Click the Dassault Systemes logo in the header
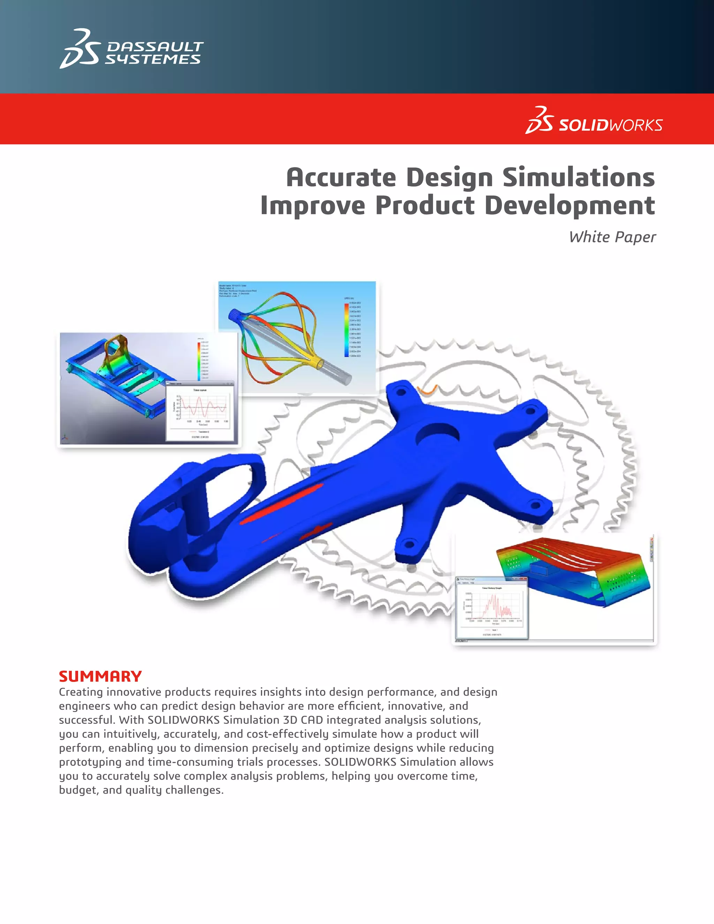coord(131,49)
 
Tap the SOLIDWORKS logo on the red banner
coord(594,121)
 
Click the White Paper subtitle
coord(612,237)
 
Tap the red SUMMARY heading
coord(100,676)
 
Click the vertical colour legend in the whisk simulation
coord(347,330)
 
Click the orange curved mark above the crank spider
coord(426,390)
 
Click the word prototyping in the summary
coord(90,762)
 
